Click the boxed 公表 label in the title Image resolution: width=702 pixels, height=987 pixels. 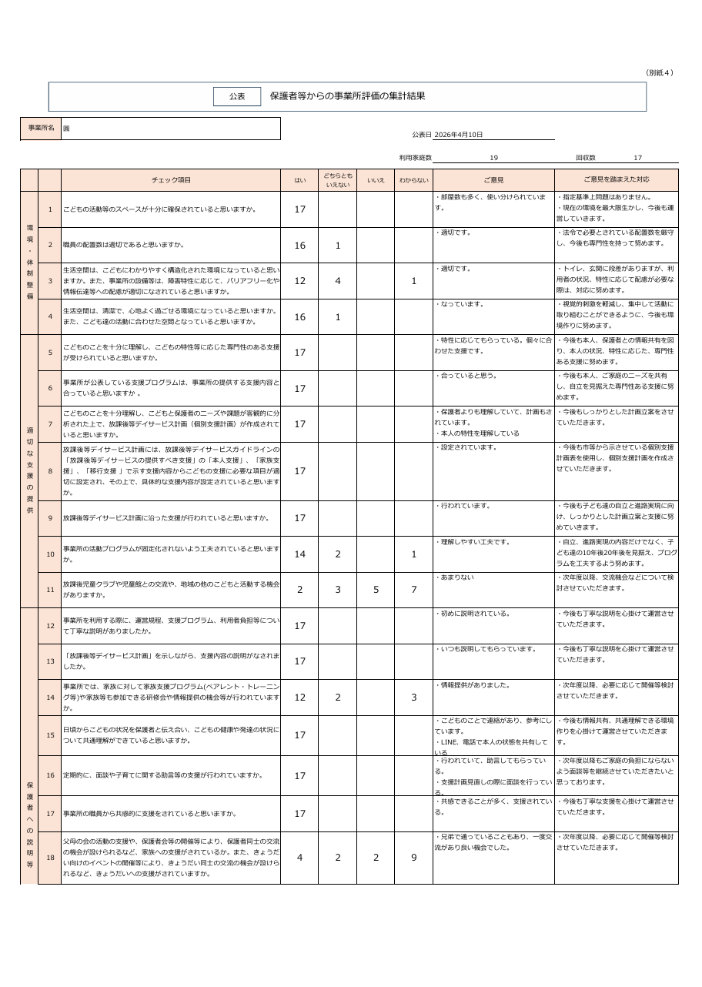237,97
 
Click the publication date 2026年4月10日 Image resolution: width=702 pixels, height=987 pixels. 459,135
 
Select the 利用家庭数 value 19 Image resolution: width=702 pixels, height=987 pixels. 493,158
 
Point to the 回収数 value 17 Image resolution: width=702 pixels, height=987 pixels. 637,158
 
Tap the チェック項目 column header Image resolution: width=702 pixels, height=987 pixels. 171,180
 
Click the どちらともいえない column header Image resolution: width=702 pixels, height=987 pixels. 337,180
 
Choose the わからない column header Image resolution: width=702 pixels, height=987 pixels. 413,180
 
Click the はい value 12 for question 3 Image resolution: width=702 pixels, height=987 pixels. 299,281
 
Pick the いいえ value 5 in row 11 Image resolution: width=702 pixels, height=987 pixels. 376,590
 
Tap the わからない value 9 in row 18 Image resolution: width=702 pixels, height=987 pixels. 413,858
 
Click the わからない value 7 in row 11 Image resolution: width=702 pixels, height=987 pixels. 413,590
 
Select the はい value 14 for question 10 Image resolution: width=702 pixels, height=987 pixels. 299,554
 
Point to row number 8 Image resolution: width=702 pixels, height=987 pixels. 50,471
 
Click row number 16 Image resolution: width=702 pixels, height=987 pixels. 50,775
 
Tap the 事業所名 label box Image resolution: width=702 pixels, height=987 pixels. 41,128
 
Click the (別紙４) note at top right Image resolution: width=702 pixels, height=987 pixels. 660,73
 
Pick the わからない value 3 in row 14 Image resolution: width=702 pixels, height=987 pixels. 413,698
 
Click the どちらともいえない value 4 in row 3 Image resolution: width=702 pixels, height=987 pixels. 337,281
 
